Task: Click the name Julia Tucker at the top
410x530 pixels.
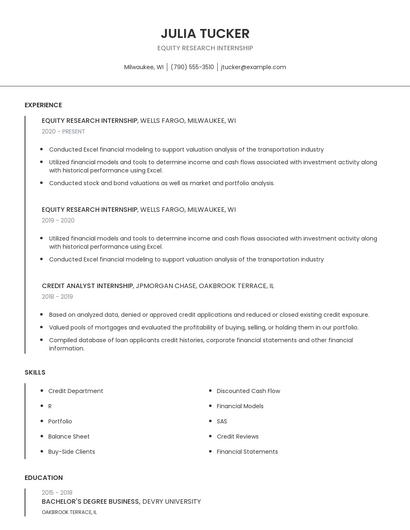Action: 205,33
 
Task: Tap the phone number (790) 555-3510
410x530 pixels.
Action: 192,67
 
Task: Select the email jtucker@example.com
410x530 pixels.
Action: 253,67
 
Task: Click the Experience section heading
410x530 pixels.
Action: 43,105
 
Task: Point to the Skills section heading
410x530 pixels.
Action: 35,372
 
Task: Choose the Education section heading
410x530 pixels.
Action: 43,478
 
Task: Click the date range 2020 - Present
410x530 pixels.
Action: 63,131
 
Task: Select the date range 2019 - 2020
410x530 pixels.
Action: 58,220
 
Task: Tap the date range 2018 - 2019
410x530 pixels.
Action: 57,296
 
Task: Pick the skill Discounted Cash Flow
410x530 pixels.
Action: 248,391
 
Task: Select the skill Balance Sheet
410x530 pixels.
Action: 68,436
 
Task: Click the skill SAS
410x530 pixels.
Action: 222,421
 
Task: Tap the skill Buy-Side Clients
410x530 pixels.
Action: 71,451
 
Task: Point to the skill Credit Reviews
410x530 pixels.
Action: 237,436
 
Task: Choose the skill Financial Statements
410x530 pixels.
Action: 247,451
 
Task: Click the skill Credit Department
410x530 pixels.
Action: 75,391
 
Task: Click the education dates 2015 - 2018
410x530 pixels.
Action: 57,492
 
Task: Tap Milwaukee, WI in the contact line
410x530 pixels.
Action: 144,67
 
